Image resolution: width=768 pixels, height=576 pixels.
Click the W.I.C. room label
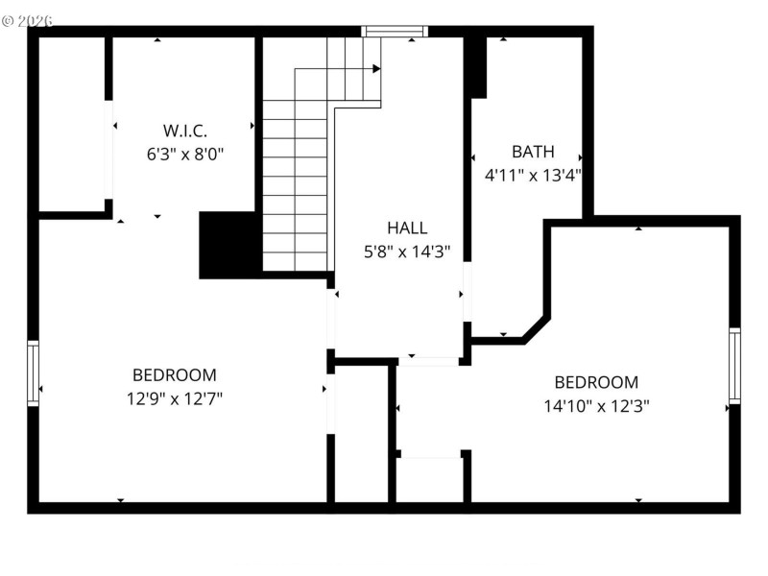coord(184,130)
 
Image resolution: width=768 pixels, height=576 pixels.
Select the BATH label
coord(533,152)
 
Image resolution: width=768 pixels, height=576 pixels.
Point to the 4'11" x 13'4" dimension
coord(533,175)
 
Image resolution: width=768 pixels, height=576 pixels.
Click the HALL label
coord(407,228)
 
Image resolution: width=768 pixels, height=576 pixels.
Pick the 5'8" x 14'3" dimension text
coord(407,252)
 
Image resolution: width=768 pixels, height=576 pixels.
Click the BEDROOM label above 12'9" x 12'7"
coord(174,375)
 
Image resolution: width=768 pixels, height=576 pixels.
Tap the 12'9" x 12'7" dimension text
coord(174,398)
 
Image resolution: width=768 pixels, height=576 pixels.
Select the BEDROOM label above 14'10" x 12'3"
coord(596,382)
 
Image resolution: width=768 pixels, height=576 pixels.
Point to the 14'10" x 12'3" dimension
coord(596,405)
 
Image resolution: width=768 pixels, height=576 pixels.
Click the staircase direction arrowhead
coord(377,68)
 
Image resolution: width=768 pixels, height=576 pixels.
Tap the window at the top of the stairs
coord(395,32)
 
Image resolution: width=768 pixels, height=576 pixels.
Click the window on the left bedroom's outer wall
coord(34,373)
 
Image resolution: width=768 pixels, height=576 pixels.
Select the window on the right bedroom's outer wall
coord(734,366)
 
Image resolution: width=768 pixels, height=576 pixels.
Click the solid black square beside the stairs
coord(229,245)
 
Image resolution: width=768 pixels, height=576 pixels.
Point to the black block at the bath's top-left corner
coord(477,67)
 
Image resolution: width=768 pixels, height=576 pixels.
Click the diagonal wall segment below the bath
coord(536,328)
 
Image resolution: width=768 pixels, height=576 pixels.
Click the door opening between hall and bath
coord(468,292)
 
